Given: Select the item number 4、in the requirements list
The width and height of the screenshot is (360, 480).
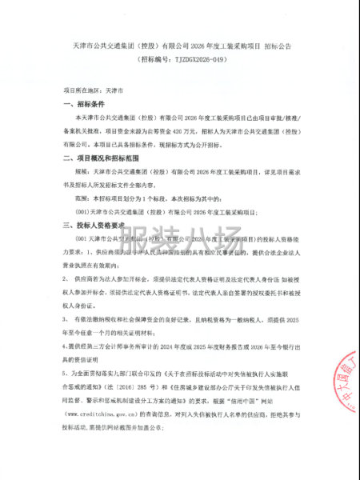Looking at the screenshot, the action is [64, 346].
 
